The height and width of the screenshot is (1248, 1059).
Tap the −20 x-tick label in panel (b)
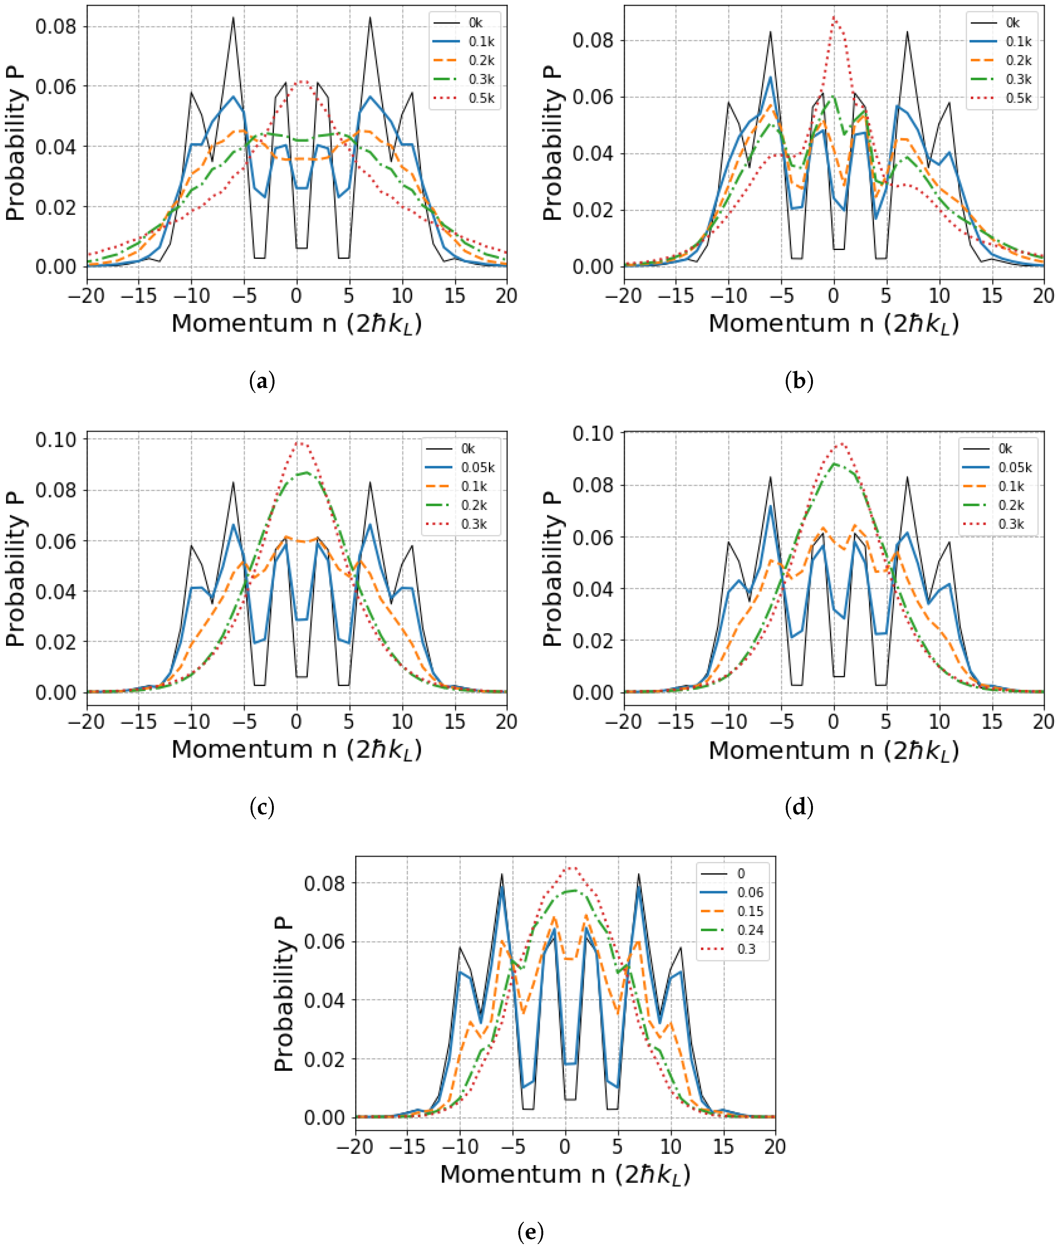click(x=624, y=295)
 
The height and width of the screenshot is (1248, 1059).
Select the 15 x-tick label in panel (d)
click(x=991, y=721)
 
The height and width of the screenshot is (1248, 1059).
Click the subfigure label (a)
click(x=262, y=381)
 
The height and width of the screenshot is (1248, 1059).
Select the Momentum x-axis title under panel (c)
click(x=297, y=750)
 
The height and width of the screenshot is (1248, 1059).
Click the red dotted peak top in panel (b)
click(x=834, y=17)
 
